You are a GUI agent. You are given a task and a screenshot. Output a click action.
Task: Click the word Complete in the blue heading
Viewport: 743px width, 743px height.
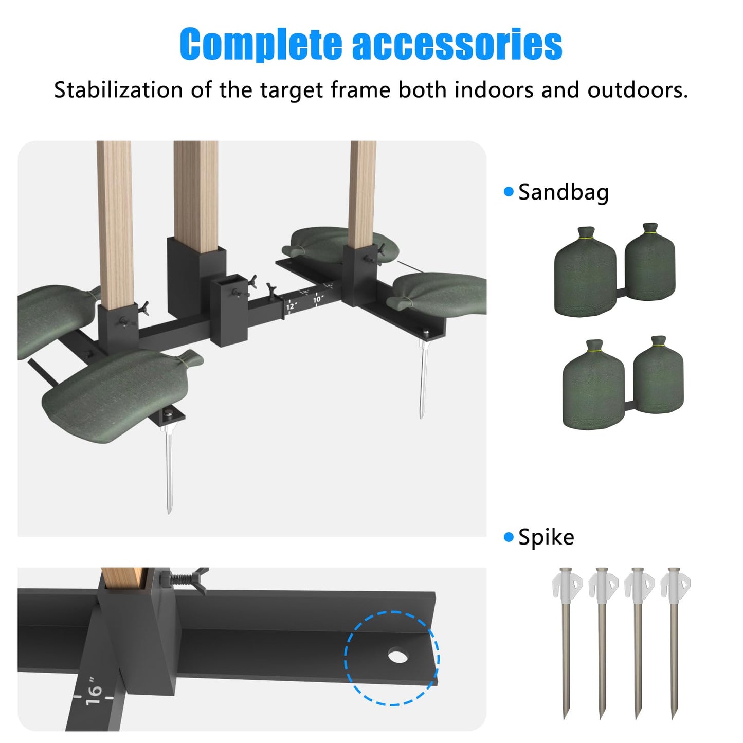pos(261,44)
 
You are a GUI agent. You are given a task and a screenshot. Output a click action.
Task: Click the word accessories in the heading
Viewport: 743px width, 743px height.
pos(457,44)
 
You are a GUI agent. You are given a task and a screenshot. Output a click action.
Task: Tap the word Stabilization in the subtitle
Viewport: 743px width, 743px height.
pos(118,90)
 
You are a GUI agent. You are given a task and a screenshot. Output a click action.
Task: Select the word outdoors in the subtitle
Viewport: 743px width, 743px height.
pos(638,90)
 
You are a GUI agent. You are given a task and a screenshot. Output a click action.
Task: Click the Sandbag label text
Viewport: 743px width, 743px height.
pos(564,192)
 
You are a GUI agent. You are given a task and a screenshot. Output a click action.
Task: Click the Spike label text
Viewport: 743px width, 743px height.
pos(546,537)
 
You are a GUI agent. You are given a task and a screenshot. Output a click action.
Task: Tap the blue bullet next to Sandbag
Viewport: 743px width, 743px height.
pos(509,191)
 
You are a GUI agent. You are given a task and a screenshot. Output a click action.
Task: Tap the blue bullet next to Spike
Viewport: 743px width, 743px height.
pos(509,537)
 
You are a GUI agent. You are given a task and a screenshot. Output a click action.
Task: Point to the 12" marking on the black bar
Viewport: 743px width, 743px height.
pos(291,306)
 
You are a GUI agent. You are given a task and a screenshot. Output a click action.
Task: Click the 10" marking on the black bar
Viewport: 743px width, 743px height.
pos(318,299)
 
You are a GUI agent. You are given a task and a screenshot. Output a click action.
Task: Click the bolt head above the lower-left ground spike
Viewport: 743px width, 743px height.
pos(169,414)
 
